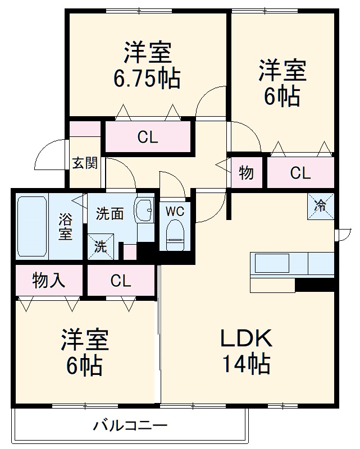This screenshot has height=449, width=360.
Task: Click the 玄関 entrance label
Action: (85, 163)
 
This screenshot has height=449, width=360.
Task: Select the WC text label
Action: (175, 212)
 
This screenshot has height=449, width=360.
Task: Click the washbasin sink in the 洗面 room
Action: (144, 211)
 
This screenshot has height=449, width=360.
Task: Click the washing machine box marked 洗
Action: (100, 246)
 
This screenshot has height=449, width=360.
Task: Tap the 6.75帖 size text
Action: (147, 79)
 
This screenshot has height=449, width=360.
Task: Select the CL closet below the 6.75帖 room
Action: (148, 137)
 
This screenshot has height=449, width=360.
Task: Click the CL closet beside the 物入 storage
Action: (120, 280)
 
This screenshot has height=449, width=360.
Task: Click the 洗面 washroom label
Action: (110, 214)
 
